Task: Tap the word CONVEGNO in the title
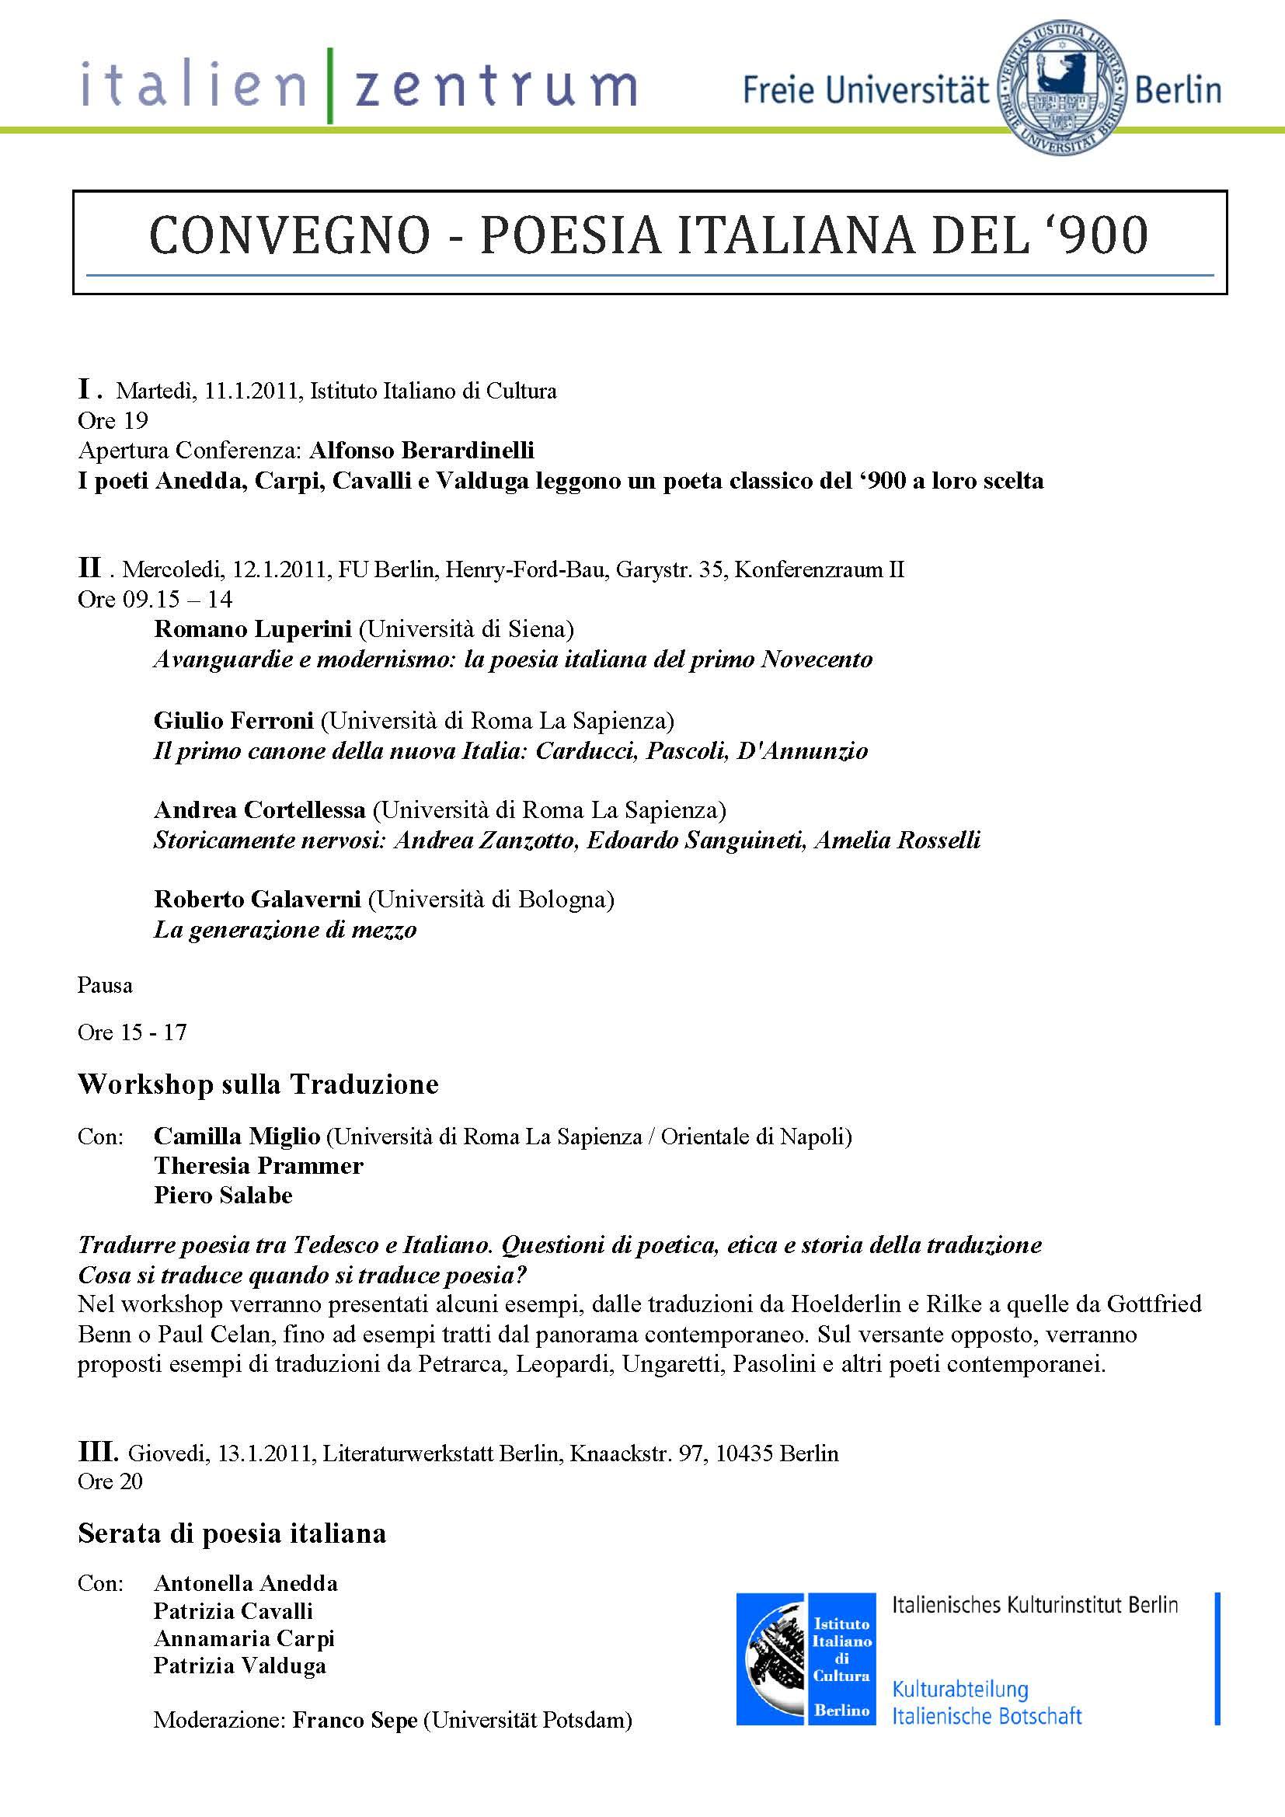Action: pyautogui.click(x=289, y=236)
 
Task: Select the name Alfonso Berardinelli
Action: pyautogui.click(x=422, y=451)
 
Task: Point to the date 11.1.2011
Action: pyautogui.click(x=253, y=391)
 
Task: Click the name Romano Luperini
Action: pyautogui.click(x=252, y=629)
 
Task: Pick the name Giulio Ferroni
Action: pyautogui.click(x=233, y=720)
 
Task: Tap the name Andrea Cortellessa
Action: pyautogui.click(x=259, y=809)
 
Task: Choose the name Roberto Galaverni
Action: pyautogui.click(x=257, y=899)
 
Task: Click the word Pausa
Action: pyautogui.click(x=104, y=985)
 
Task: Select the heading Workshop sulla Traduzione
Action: pyautogui.click(x=258, y=1084)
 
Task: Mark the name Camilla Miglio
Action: pyautogui.click(x=237, y=1136)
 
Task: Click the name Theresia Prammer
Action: pyautogui.click(x=258, y=1166)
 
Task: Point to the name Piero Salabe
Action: pyautogui.click(x=223, y=1195)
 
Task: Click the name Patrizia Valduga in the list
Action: pyautogui.click(x=240, y=1666)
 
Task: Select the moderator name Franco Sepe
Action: pyautogui.click(x=354, y=1721)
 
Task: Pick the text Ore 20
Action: pyautogui.click(x=110, y=1481)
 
